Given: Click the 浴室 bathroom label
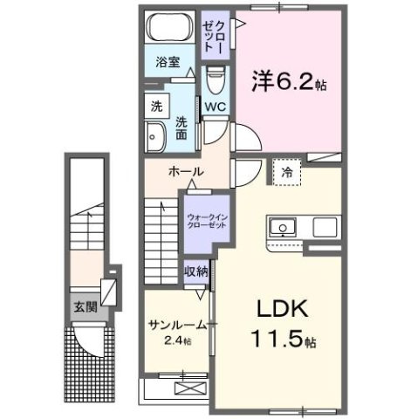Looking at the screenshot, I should tap(169, 62).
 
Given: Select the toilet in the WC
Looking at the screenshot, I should tap(216, 81).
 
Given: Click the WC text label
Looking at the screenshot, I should tap(216, 108).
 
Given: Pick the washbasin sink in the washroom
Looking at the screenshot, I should tap(157, 138).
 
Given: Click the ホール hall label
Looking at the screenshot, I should tap(186, 172).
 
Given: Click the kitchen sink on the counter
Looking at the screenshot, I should tap(284, 229).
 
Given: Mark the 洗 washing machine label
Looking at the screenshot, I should tap(156, 106).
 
